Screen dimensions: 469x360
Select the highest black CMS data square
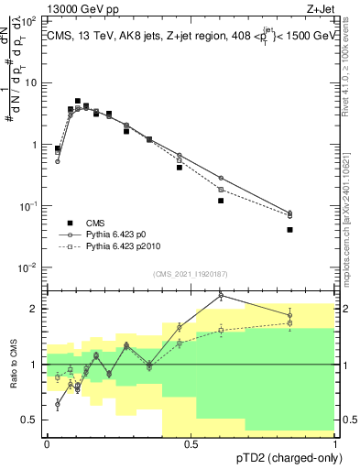[78, 101]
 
